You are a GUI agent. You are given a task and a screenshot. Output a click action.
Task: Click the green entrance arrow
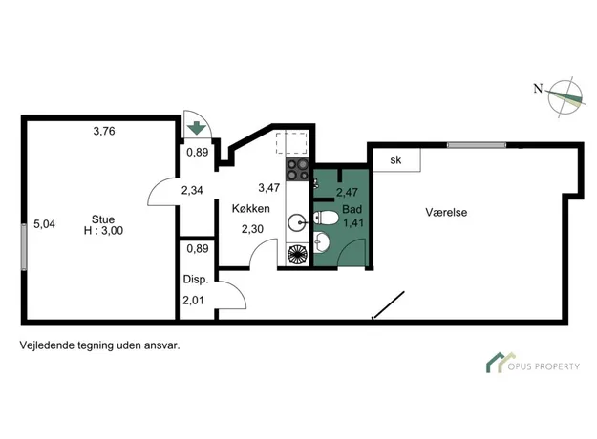(x=197, y=128)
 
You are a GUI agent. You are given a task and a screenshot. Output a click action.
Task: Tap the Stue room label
(x=103, y=219)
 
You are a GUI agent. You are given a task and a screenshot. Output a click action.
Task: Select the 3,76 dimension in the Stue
(x=104, y=132)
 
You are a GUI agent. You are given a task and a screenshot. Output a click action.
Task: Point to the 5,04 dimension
(x=44, y=224)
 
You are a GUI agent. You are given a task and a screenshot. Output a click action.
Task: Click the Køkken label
(x=251, y=208)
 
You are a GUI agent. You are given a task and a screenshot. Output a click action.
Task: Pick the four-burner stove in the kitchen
(x=297, y=170)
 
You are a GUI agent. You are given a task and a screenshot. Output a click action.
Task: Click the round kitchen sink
(x=297, y=223)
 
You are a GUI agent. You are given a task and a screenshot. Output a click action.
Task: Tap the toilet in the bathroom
(x=326, y=218)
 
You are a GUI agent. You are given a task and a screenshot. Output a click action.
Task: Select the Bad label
(x=352, y=209)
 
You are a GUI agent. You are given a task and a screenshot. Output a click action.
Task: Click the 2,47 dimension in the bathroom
(x=347, y=192)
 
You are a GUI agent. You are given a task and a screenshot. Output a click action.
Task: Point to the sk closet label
(x=395, y=160)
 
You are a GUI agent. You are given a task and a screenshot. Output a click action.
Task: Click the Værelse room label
(x=446, y=212)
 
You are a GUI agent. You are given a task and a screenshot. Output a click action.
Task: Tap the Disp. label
(x=196, y=280)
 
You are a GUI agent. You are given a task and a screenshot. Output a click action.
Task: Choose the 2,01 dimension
(x=193, y=301)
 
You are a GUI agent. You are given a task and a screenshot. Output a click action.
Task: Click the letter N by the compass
(x=538, y=89)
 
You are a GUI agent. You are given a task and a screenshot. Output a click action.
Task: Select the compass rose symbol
(x=565, y=97)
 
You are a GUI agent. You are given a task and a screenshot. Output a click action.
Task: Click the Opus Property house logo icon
(x=501, y=363)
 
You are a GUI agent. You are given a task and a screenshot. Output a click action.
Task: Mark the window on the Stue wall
(x=24, y=247)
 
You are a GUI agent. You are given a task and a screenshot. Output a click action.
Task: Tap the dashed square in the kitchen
(x=291, y=143)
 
